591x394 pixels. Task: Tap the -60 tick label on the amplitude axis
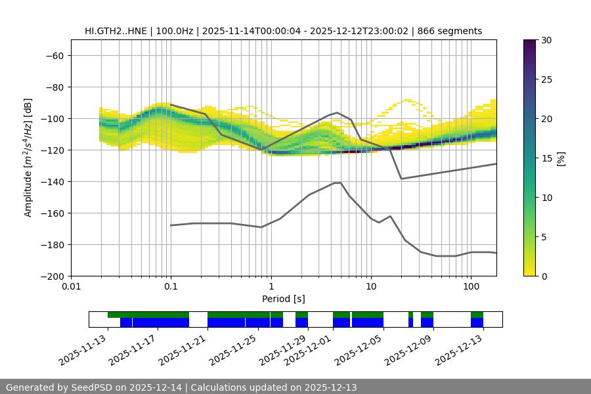54,55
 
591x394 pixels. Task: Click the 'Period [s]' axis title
284,299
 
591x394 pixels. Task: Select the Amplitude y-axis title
28,158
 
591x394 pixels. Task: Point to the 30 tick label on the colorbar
546,40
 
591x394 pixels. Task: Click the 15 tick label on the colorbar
546,158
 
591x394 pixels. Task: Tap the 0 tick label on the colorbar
544,276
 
